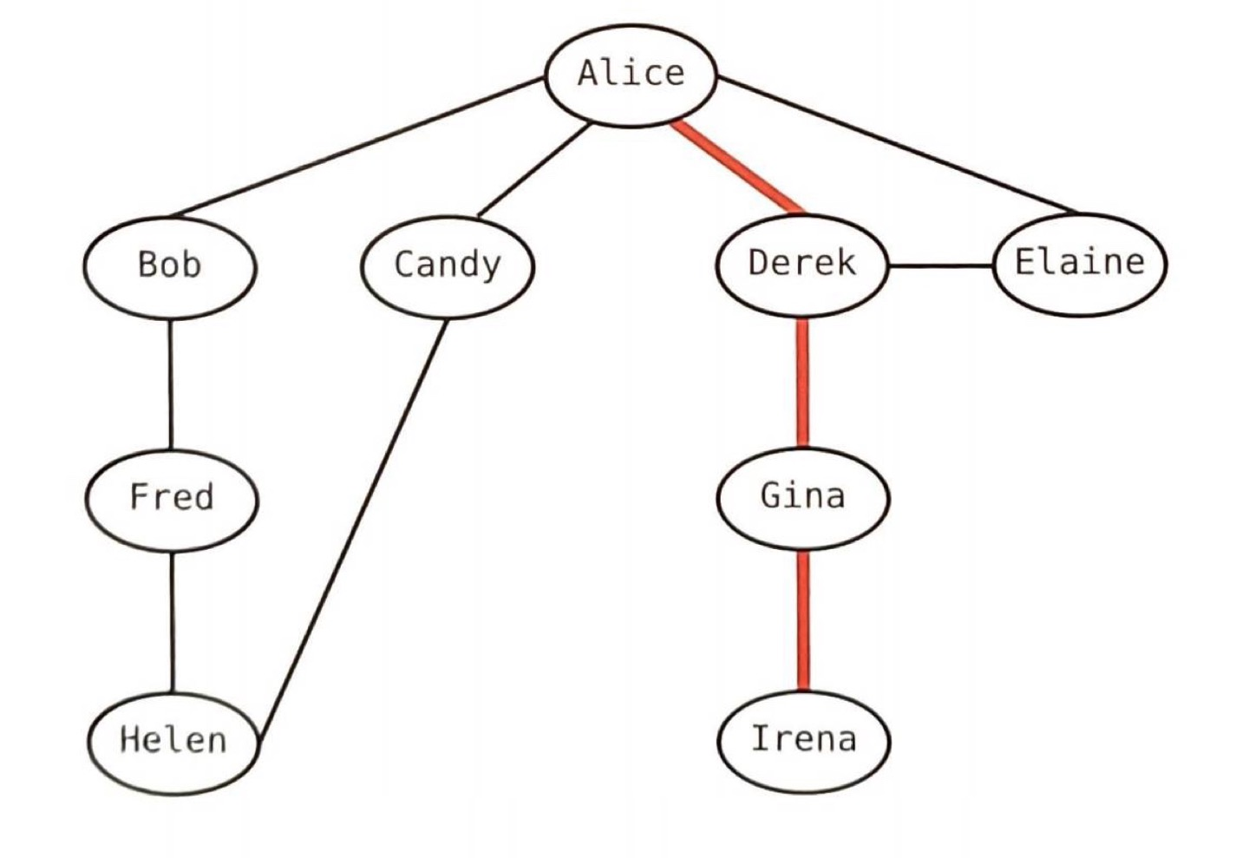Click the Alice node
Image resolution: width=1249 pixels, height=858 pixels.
pos(631,75)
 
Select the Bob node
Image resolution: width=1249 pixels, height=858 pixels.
pos(170,265)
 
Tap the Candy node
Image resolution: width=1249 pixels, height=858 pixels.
pos(447,265)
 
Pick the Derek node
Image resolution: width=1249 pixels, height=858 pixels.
pos(802,264)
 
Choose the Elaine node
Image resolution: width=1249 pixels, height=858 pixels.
pos(1079,263)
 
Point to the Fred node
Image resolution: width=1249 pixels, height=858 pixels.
pos(171,499)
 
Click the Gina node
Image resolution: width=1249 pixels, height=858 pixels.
pos(802,497)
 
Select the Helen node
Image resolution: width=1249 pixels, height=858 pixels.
pos(173,742)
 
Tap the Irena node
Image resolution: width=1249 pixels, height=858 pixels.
pos(803,740)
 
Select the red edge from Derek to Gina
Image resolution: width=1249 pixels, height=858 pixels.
pos(802,382)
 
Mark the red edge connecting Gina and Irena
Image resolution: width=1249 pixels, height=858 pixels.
pos(803,620)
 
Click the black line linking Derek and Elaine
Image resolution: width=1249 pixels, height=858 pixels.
pos(941,265)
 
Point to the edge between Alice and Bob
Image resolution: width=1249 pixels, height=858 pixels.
pos(356,147)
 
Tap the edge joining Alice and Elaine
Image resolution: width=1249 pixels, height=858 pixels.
pos(898,145)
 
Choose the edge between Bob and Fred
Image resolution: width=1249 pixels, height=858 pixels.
pos(170,384)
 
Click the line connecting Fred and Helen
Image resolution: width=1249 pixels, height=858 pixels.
pos(172,622)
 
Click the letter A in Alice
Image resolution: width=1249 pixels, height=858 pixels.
pos(589,73)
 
